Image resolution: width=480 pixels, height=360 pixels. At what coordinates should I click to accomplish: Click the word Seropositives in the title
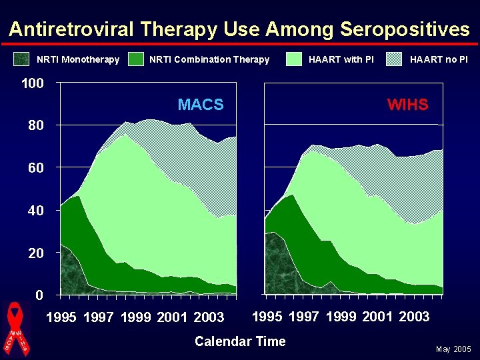click(405, 30)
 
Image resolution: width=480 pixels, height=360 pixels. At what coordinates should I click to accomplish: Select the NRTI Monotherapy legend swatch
click(22, 59)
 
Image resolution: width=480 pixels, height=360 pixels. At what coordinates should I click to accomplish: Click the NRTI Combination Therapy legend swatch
click(137, 59)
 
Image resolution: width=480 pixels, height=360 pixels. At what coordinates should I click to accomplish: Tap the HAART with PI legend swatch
click(294, 59)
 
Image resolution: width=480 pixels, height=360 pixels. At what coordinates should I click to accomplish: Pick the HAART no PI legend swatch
click(395, 59)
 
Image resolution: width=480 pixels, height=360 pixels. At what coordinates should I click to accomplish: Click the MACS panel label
click(201, 105)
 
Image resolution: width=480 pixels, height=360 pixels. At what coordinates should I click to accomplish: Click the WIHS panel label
click(408, 105)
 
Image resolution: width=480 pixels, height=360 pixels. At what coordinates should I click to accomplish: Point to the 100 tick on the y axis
click(32, 84)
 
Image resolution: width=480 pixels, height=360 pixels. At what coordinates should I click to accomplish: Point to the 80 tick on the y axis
click(35, 126)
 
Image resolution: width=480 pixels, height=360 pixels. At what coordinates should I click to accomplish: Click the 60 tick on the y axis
click(35, 169)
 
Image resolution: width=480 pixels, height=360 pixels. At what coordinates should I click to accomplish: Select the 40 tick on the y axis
click(35, 211)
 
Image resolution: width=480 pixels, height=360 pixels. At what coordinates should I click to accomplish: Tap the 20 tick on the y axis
click(35, 253)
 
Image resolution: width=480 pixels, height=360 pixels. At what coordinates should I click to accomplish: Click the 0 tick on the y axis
click(40, 295)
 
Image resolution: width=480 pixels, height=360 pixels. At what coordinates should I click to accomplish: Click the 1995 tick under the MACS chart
click(62, 317)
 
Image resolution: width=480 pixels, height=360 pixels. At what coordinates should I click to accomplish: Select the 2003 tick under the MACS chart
click(209, 317)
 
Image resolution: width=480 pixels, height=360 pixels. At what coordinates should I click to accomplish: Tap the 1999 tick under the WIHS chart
click(341, 317)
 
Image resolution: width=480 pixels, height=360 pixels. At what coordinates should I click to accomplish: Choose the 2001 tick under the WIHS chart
click(378, 317)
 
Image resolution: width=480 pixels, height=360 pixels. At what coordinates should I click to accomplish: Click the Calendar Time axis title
click(240, 341)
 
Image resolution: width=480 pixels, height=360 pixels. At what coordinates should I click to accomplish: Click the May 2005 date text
click(453, 349)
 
